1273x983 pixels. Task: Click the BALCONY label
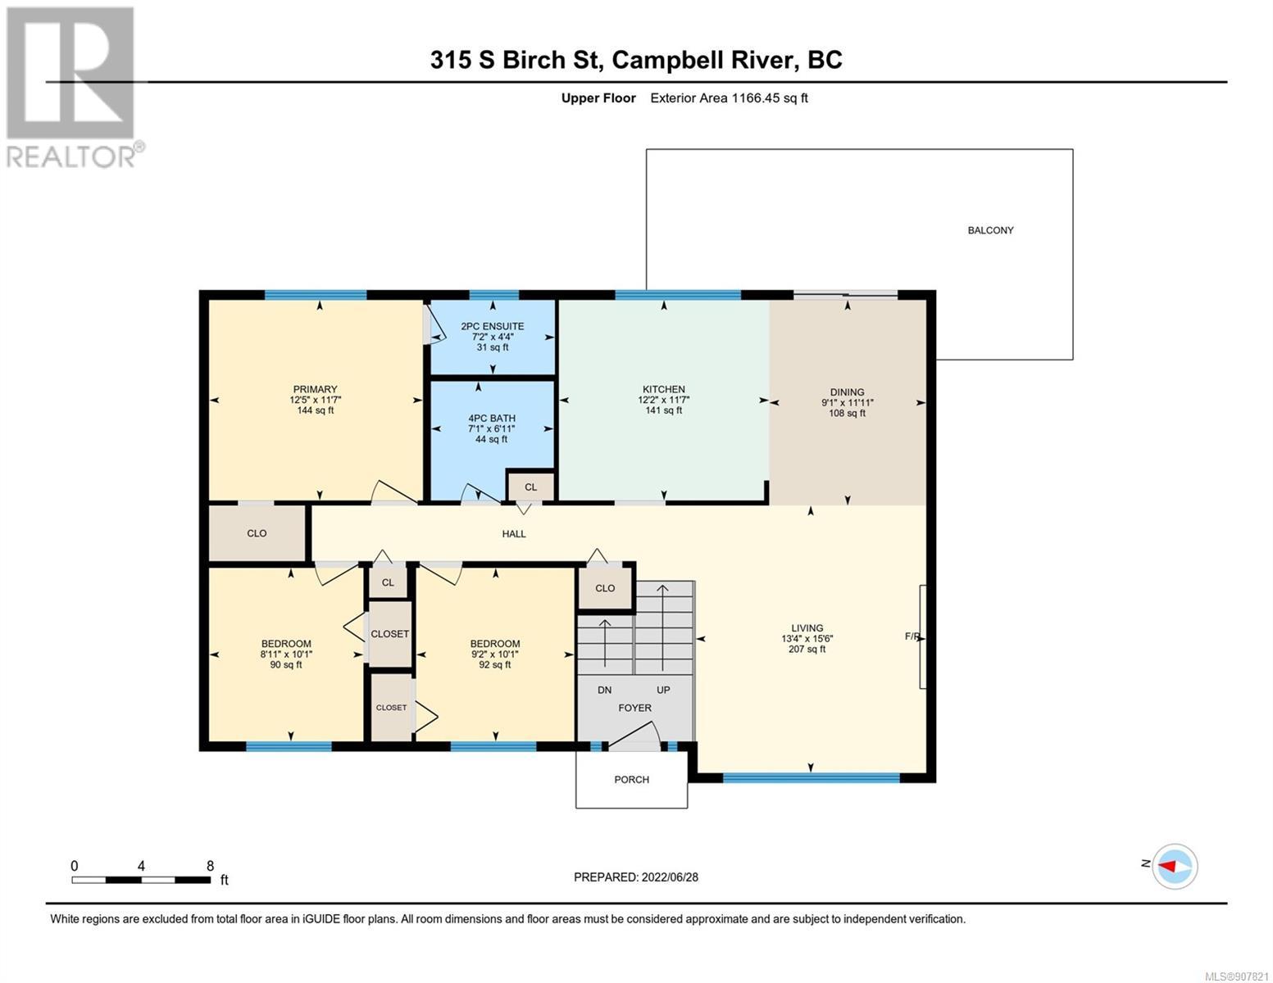[990, 230]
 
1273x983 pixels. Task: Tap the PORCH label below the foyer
[631, 779]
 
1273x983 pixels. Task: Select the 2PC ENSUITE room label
[492, 326]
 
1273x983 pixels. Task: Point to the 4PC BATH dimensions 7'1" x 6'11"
[492, 428]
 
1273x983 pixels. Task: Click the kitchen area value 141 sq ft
[663, 410]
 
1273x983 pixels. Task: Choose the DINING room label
[847, 392]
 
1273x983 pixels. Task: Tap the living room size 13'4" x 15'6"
[807, 638]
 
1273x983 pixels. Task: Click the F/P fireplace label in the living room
[913, 636]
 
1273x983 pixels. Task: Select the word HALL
[514, 533]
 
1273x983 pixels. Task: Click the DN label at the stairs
[605, 690]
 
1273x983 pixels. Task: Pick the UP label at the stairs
[663, 690]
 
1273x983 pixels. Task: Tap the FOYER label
[634, 708]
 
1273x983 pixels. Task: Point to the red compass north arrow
[1167, 865]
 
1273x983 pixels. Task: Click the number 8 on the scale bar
[211, 865]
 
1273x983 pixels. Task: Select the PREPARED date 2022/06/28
[670, 877]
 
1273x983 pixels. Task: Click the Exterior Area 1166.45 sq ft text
[729, 97]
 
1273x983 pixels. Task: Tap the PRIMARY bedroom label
[315, 389]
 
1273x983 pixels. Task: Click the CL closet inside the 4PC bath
[531, 487]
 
